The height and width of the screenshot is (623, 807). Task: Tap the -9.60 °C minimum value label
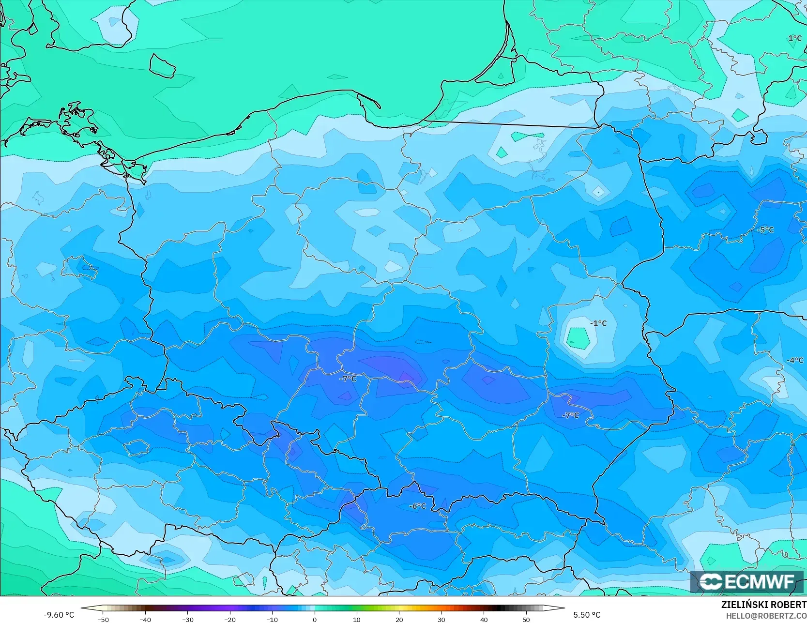59,615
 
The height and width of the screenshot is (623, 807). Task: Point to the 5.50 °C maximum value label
587,615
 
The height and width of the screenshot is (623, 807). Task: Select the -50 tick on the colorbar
103,619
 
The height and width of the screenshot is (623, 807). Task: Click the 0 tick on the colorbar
314,619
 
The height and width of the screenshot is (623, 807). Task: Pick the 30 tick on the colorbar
441,619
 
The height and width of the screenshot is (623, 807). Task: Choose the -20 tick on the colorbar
229,619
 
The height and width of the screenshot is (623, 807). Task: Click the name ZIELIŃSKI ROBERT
763,605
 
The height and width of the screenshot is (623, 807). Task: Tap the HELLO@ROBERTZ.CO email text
768,615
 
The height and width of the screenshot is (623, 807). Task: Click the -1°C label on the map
598,323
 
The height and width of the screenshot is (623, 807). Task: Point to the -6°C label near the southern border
417,506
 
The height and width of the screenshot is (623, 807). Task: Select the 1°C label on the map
794,38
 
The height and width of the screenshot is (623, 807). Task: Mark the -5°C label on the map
765,230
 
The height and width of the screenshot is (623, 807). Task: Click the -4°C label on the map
794,361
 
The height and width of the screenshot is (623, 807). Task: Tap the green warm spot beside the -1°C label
578,338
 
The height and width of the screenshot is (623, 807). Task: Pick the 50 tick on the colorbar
526,619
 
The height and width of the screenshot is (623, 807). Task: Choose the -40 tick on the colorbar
145,619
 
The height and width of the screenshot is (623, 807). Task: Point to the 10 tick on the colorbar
356,619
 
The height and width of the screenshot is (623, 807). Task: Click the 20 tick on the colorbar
399,619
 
